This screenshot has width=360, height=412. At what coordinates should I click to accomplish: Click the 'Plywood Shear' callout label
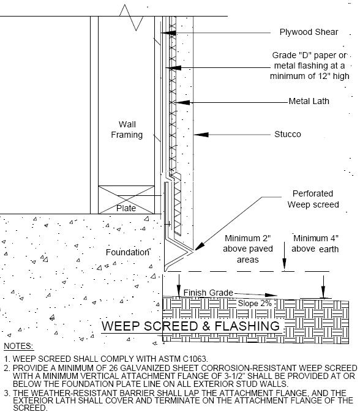pyautogui.click(x=309, y=32)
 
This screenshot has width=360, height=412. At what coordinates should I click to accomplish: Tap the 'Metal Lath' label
pyautogui.click(x=309, y=101)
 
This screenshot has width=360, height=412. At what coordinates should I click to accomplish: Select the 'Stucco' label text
pyautogui.click(x=288, y=134)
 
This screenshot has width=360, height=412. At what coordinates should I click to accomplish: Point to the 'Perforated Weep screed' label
pyautogui.click(x=313, y=199)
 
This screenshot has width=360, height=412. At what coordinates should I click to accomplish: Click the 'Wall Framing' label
pyautogui.click(x=127, y=130)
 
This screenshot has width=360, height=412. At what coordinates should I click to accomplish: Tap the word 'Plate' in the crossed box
pyautogui.click(x=126, y=208)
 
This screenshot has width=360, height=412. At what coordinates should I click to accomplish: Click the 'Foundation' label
pyautogui.click(x=127, y=252)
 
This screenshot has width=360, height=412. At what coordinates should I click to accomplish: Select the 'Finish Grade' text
pyautogui.click(x=208, y=293)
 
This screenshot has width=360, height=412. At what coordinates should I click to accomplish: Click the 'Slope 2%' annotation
pyautogui.click(x=255, y=303)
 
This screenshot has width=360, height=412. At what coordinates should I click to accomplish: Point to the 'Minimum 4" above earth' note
pyautogui.click(x=315, y=244)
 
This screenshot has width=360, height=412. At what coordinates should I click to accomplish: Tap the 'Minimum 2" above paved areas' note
pyautogui.click(x=248, y=249)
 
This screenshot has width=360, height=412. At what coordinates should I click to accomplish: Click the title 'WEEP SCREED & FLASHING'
pyautogui.click(x=190, y=326)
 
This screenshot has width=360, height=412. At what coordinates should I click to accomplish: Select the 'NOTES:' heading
pyautogui.click(x=18, y=346)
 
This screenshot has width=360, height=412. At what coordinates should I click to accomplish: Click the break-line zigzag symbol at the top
pyautogui.click(x=131, y=17)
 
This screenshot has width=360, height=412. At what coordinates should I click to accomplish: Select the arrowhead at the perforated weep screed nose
pyautogui.click(x=200, y=247)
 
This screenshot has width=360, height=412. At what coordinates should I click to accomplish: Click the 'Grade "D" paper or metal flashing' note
pyautogui.click(x=310, y=66)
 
